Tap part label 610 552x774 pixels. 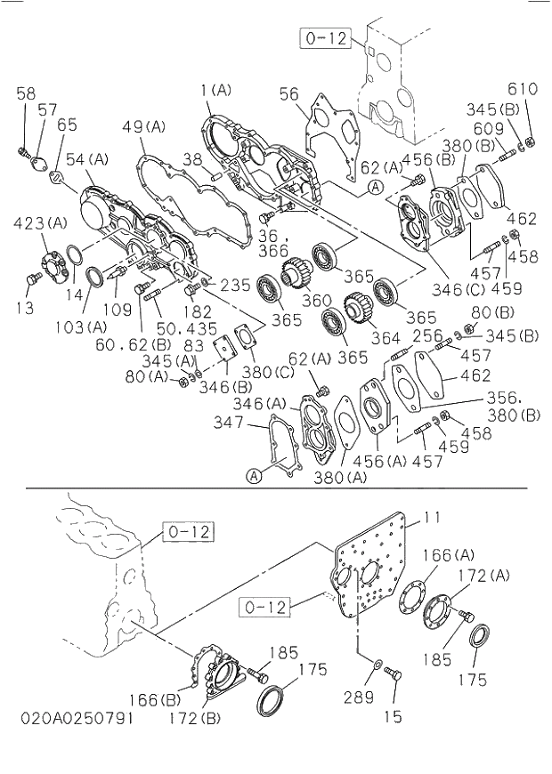(x=524, y=89)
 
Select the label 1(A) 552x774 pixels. (x=215, y=90)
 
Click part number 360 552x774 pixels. (x=316, y=301)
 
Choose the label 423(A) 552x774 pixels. (x=41, y=222)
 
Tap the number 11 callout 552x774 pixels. (x=432, y=517)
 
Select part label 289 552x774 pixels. (x=359, y=697)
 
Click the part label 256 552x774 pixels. (x=427, y=335)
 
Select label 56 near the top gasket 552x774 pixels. (x=288, y=95)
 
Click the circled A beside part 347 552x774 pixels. (x=254, y=476)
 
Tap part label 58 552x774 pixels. (x=26, y=93)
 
